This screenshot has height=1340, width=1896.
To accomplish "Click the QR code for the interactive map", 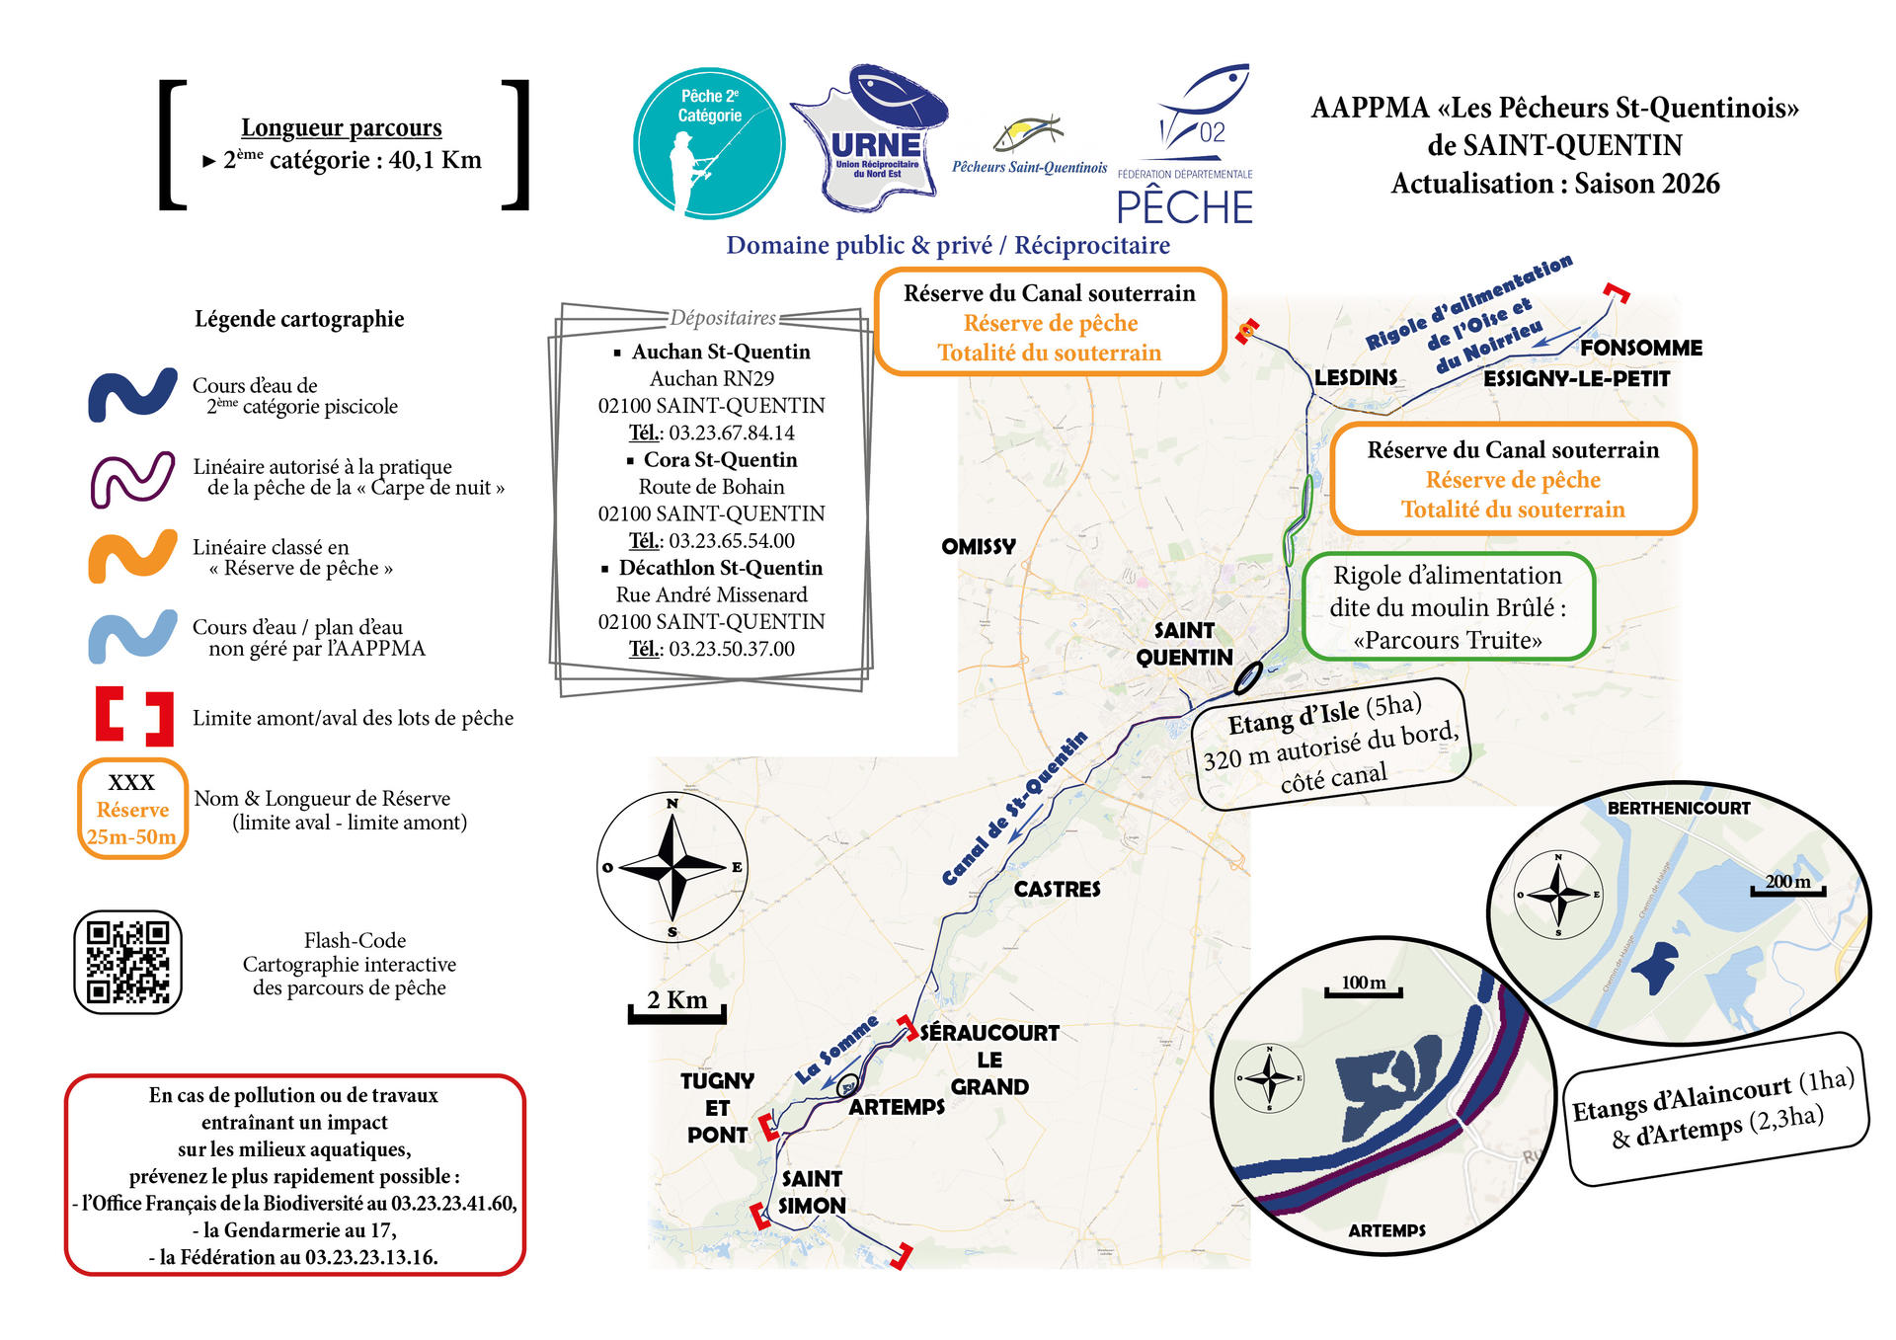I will tap(128, 962).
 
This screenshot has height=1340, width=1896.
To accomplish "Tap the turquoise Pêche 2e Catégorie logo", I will tap(709, 143).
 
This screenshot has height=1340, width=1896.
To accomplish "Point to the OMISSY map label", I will tap(978, 547).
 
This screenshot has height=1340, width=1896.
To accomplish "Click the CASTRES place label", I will tap(1057, 890).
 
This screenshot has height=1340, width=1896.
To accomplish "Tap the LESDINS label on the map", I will tap(1355, 378).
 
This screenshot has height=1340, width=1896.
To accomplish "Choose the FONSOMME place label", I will tap(1640, 349).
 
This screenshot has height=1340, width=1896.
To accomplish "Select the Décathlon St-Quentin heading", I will tap(720, 568).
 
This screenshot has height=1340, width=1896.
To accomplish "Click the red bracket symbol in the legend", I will tap(134, 716).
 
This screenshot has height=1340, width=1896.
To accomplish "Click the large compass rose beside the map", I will tap(672, 867).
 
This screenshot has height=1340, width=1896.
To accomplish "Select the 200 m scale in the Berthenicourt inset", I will tap(1787, 885).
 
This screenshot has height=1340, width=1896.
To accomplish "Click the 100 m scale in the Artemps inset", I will tap(1363, 985).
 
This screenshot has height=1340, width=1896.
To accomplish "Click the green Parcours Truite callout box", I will tap(1448, 607).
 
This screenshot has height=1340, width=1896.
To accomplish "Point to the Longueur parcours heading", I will tap(341, 128).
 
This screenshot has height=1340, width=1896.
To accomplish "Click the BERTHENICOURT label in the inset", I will tap(1678, 809).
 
